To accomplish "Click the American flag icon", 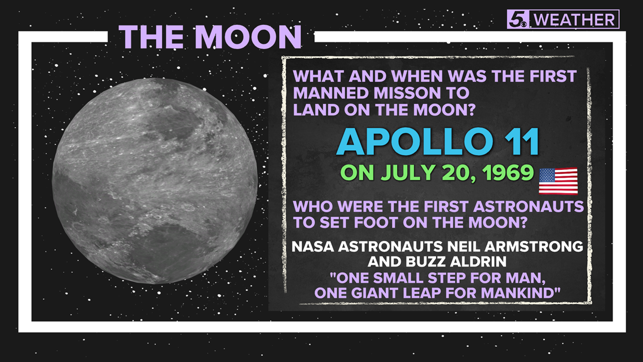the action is (x=558, y=181).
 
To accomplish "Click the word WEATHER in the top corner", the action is (x=575, y=20).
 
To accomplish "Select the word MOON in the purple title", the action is (x=249, y=37).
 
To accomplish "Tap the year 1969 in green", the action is (x=509, y=173).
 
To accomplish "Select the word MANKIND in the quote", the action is (x=521, y=293).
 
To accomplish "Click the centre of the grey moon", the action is (x=155, y=181).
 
